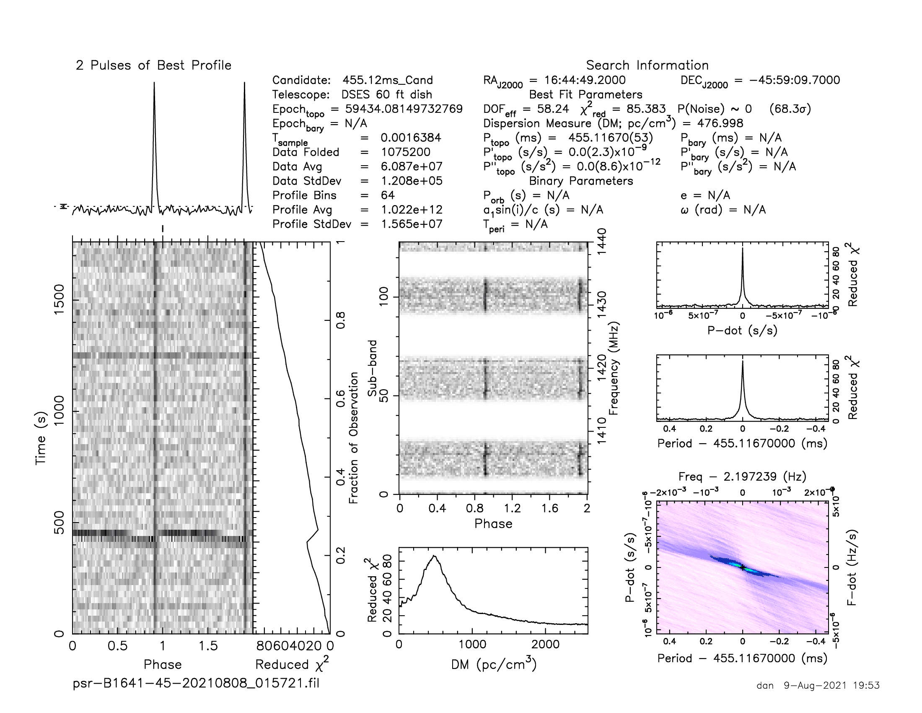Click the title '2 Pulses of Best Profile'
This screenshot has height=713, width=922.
point(154,65)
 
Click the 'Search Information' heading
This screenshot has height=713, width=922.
point(647,65)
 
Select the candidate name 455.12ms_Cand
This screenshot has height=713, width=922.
point(388,80)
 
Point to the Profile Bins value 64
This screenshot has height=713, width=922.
point(388,195)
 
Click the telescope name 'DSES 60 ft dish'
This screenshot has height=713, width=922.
point(387,95)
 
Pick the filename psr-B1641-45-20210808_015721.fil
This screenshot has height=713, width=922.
point(196,683)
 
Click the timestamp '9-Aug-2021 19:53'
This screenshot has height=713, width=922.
point(831,685)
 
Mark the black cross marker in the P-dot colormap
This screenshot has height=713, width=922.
point(743,567)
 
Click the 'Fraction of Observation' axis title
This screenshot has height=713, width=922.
point(354,437)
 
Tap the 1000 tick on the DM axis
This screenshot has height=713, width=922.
point(472,645)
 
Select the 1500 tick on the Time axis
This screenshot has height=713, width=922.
point(59,299)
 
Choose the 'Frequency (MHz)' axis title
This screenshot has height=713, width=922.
point(614,368)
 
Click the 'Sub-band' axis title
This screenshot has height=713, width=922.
point(372,368)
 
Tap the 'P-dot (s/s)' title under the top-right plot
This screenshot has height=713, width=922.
point(742,330)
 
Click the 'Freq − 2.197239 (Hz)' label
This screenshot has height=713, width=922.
point(742,476)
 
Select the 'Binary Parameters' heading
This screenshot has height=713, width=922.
point(581,181)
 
